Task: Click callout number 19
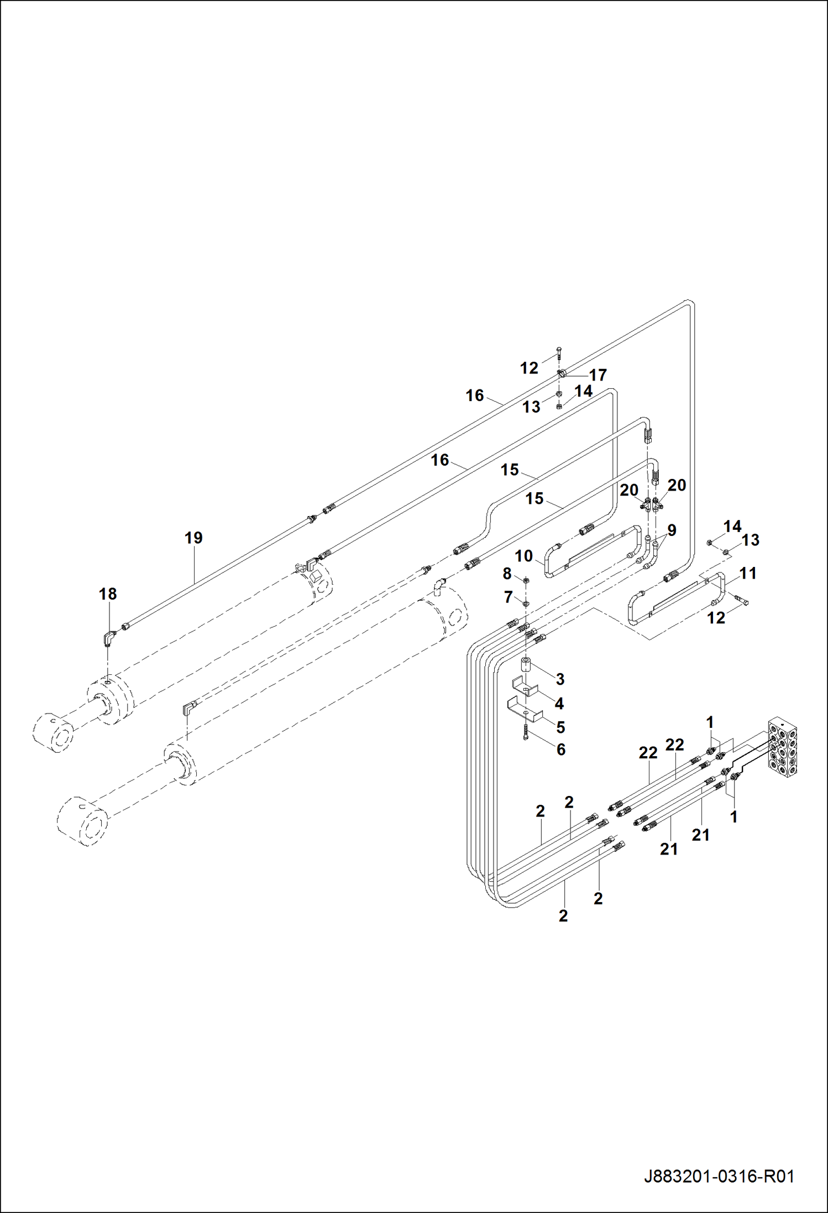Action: pyautogui.click(x=193, y=538)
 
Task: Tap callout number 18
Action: pyautogui.click(x=108, y=594)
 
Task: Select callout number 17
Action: pyautogui.click(x=598, y=375)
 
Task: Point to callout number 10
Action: pyautogui.click(x=523, y=555)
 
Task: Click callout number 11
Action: pyautogui.click(x=748, y=573)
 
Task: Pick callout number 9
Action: pyautogui.click(x=672, y=530)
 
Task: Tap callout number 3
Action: pyautogui.click(x=560, y=679)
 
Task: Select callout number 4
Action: pyautogui.click(x=559, y=703)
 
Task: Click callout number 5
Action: pyautogui.click(x=560, y=727)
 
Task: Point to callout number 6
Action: pyautogui.click(x=561, y=749)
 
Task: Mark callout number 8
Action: pyautogui.click(x=507, y=574)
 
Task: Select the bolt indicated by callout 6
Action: pyautogui.click(x=525, y=735)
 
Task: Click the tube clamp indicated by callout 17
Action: pyautogui.click(x=562, y=374)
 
